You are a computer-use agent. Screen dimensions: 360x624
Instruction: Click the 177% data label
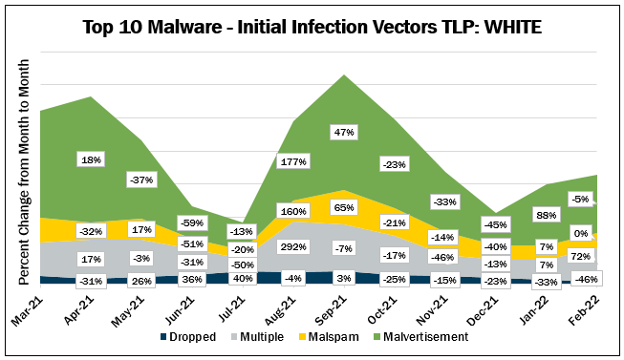coord(291,161)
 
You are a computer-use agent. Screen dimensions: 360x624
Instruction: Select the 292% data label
coord(291,245)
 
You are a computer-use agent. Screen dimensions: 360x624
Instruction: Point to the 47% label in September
coord(343,132)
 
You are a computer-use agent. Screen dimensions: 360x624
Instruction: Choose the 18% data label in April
coord(91,159)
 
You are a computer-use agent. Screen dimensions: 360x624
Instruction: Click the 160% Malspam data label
coord(291,211)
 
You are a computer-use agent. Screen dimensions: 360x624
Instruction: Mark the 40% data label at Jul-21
coord(242,278)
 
